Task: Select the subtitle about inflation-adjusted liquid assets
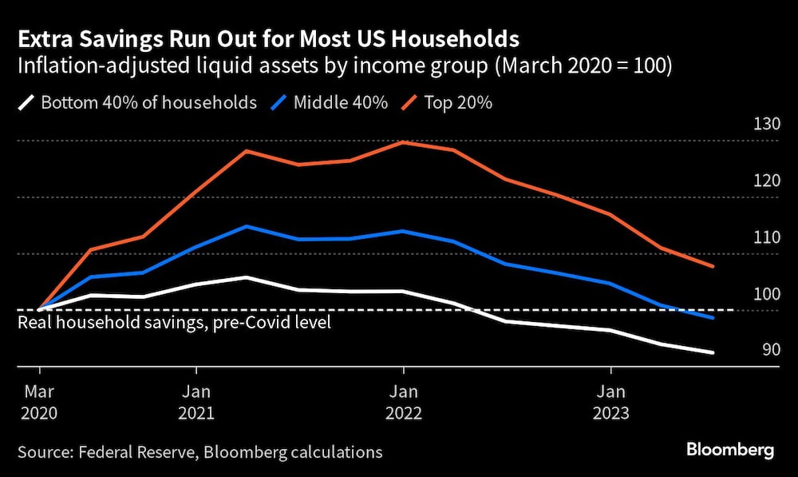[x=346, y=67]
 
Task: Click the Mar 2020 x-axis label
[x=39, y=403]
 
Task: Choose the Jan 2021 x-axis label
[x=196, y=403]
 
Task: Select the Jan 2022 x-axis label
[x=404, y=403]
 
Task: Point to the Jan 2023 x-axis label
[x=611, y=403]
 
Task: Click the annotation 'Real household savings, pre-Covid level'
[x=174, y=323]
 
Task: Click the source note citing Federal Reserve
[x=199, y=452]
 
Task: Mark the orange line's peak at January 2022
[x=404, y=142]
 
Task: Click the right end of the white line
[x=713, y=352]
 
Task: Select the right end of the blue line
[x=713, y=317]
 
